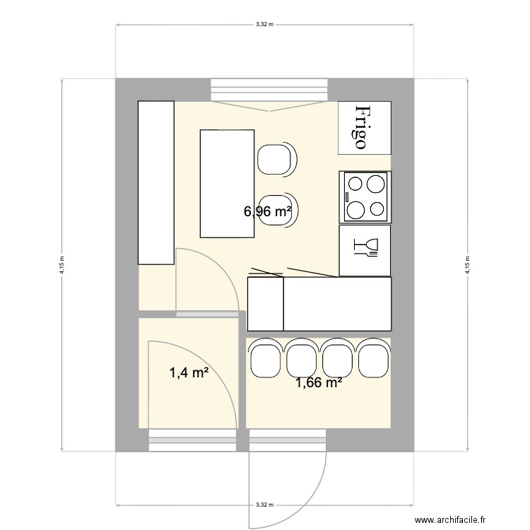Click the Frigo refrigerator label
[362, 127]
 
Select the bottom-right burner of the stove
[378, 209]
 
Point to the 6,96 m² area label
[268, 211]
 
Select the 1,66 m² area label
[319, 384]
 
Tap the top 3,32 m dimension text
[265, 23]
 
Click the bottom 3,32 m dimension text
[265, 505]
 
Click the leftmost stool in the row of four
[265, 359]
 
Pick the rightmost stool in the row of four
[374, 359]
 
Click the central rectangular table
[226, 183]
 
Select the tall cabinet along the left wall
[155, 182]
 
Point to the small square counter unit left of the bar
[265, 304]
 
